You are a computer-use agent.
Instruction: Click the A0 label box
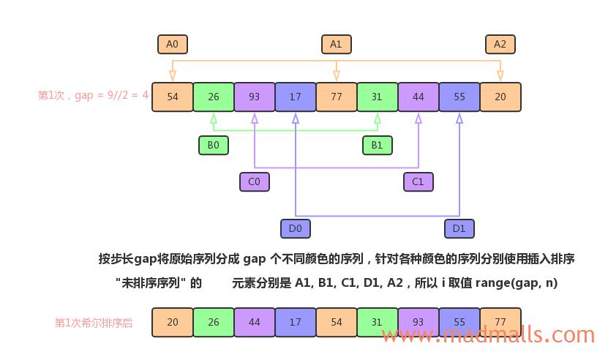[x=173, y=45]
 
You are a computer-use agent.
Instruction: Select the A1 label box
[x=337, y=45]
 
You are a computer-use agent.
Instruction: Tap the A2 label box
[x=500, y=45]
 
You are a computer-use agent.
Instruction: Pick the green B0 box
[x=214, y=145]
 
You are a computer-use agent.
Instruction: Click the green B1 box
[x=378, y=145]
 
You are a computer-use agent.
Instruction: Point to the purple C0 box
[x=255, y=181]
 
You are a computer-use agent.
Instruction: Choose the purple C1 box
[x=419, y=181]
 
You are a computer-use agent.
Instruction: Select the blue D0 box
[x=296, y=228]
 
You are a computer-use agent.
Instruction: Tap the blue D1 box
[x=459, y=228]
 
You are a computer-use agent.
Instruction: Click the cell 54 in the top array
[x=173, y=97]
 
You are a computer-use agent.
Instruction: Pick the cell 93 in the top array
[x=255, y=97]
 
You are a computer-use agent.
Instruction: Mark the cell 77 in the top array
[x=337, y=97]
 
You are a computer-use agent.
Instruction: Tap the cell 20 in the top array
[x=500, y=97]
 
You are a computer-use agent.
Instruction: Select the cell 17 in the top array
[x=296, y=97]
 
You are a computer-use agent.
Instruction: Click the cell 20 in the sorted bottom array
[x=173, y=322]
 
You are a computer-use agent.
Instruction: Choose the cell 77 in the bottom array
[x=500, y=322]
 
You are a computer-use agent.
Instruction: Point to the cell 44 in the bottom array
[x=255, y=322]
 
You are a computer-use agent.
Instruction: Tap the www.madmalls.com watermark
[x=488, y=335]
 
